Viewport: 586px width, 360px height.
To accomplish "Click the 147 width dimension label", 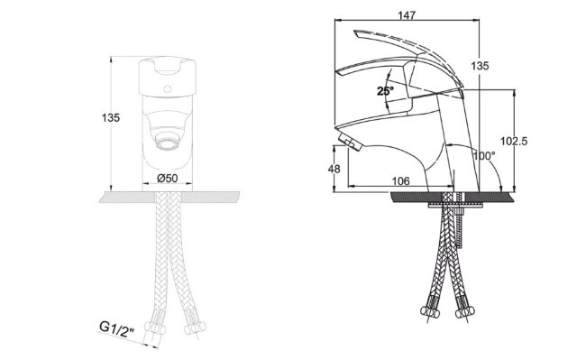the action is point(407,15).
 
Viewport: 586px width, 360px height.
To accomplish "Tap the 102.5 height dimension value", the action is point(514,141).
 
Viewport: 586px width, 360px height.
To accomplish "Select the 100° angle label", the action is point(484,155).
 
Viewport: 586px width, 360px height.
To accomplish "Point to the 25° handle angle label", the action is point(385,91).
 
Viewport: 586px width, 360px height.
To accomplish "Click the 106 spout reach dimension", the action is point(400,181).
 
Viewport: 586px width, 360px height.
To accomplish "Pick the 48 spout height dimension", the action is point(334,169).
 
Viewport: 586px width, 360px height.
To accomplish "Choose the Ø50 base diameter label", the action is point(168,179).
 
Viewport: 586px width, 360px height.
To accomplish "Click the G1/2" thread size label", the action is point(116,329).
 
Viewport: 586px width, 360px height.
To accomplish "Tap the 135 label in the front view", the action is point(111,118).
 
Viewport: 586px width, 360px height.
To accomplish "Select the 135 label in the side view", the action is point(480,66).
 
